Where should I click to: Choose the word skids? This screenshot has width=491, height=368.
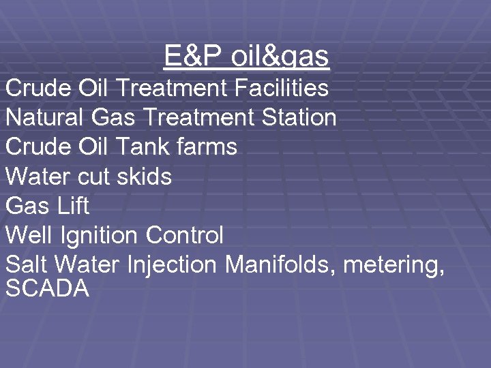(145, 177)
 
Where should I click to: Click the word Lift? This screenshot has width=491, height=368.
(74, 206)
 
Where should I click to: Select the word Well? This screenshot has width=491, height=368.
(29, 235)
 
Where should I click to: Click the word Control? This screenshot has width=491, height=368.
(184, 235)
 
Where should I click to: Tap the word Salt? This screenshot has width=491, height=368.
(28, 264)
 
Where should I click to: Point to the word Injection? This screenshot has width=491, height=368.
(172, 265)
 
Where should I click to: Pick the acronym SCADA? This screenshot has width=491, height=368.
(47, 288)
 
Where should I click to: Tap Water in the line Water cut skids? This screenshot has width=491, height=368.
(38, 177)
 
